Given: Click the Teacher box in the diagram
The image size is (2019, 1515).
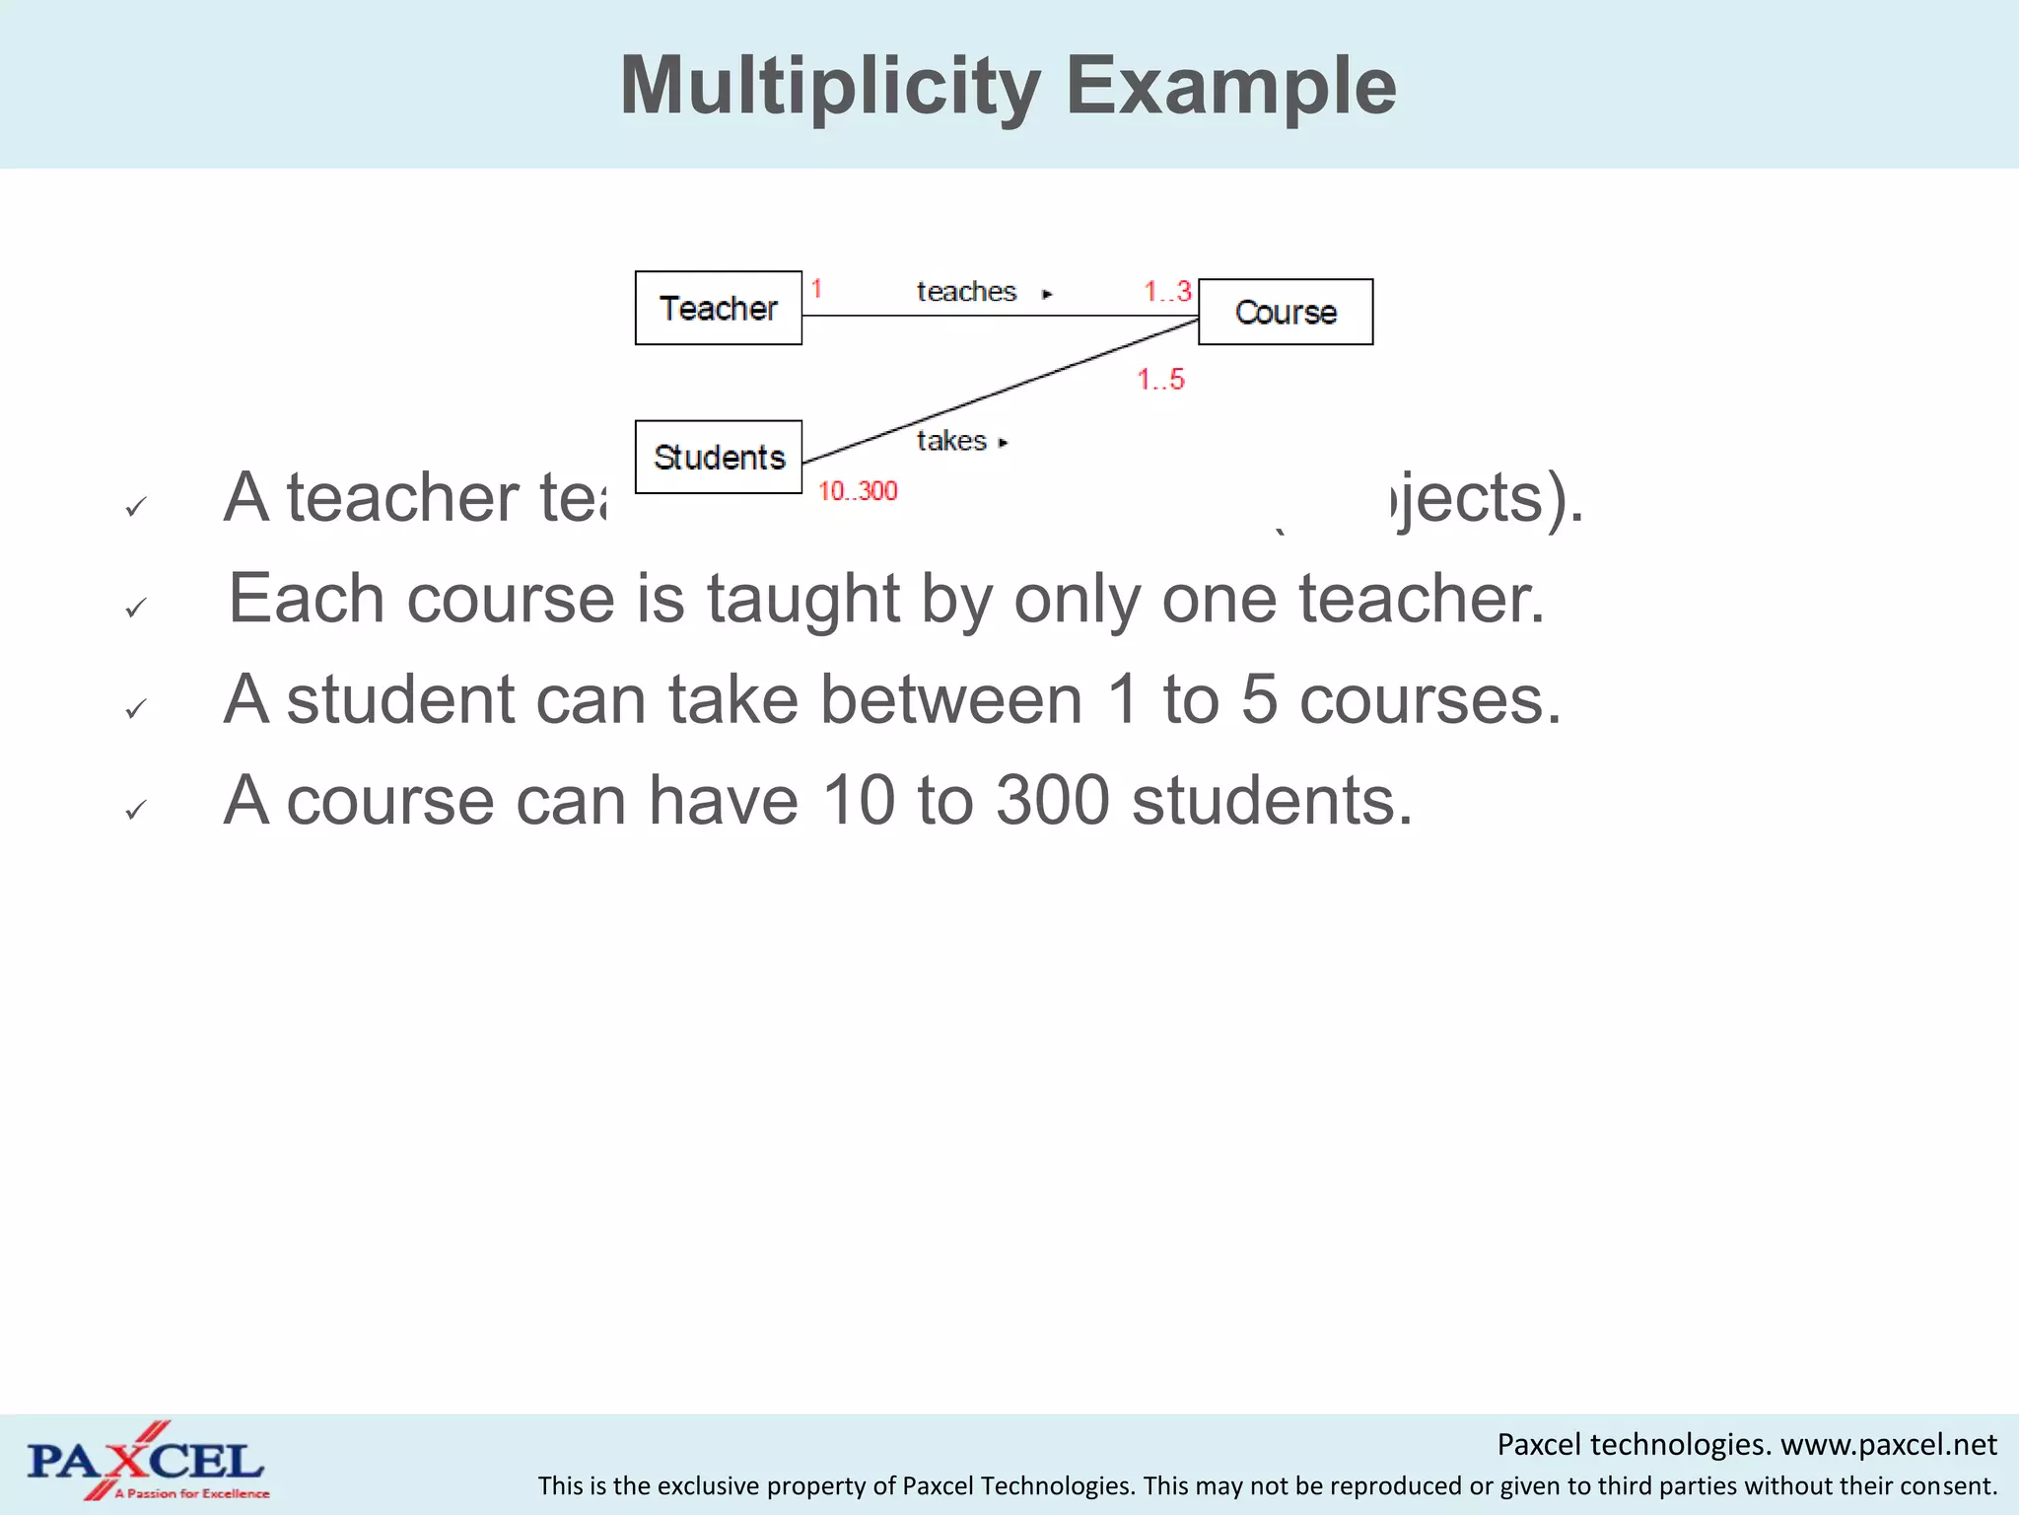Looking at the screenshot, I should (718, 308).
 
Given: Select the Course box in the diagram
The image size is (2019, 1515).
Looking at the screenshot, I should (1286, 312).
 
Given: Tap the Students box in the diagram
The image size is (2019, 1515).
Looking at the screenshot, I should (719, 457).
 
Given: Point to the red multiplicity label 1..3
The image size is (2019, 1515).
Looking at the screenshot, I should (1167, 292).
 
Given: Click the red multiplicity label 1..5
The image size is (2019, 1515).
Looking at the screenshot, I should (1160, 380).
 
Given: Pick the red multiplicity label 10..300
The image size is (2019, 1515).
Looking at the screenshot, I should (858, 491).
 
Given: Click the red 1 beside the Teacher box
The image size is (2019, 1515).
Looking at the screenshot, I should (816, 289).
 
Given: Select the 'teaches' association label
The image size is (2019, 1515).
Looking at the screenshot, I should (966, 292).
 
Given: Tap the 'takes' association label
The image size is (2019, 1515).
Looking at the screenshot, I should (951, 441).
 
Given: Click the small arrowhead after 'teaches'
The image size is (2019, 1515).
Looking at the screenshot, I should (1047, 294).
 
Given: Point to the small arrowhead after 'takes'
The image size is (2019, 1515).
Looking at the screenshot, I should (1003, 443).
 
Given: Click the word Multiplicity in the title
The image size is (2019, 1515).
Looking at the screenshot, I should (830, 87).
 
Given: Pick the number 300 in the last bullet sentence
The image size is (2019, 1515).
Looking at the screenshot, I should (1052, 800).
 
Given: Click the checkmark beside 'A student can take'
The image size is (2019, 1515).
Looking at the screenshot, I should (136, 708).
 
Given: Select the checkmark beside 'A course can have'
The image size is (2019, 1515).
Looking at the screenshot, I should (136, 810).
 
